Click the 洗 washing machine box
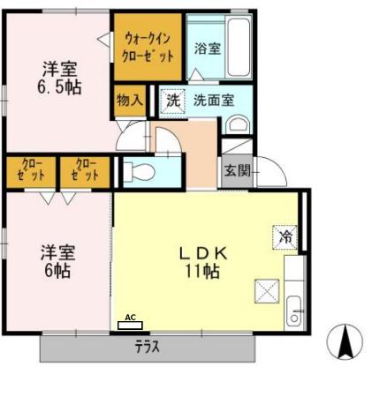(173, 101)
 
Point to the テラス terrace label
(148, 347)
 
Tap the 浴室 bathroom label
(208, 49)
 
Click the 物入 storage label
(130, 100)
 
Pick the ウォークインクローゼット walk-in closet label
(148, 45)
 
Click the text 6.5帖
(60, 86)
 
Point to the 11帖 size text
(202, 270)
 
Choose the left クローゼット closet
(30, 169)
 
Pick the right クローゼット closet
(86, 169)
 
